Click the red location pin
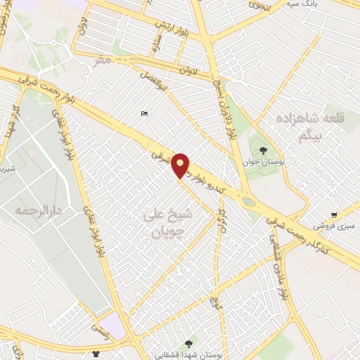[x=181, y=165]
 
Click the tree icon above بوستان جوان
[x=263, y=150]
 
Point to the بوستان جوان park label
[x=262, y=162]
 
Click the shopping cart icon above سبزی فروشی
[x=334, y=215]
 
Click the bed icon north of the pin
[x=144, y=114]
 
